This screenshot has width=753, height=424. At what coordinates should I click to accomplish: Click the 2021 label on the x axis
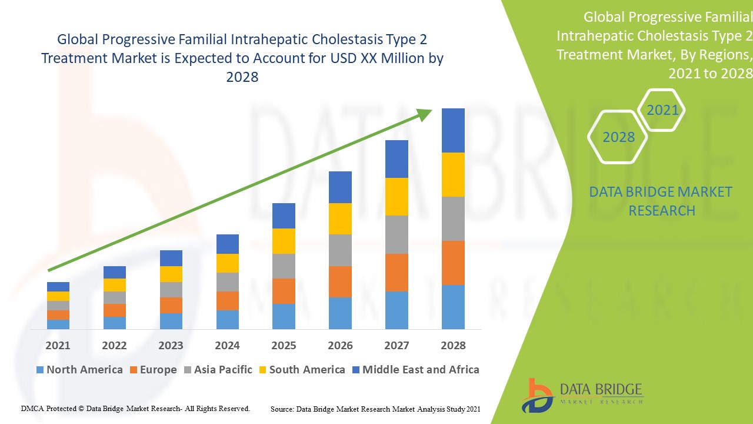(x=58, y=345)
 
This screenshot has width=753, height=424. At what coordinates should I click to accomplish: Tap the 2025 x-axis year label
(x=284, y=345)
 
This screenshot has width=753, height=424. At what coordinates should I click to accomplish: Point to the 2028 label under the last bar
(x=453, y=345)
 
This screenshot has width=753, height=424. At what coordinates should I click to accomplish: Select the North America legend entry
(x=79, y=370)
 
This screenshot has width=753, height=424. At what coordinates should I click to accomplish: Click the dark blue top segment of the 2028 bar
(x=453, y=130)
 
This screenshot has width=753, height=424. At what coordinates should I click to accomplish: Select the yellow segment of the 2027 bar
(x=397, y=197)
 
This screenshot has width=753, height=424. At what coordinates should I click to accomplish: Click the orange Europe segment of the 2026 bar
(x=340, y=281)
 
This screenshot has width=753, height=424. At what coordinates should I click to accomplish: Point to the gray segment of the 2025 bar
(x=284, y=266)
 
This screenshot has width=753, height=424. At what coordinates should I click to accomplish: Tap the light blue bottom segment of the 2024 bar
(x=227, y=319)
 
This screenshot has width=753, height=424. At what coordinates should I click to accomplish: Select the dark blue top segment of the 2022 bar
(x=114, y=272)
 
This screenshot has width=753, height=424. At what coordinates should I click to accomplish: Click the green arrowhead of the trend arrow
(x=425, y=114)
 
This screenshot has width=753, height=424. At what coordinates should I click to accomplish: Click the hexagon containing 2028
(x=618, y=137)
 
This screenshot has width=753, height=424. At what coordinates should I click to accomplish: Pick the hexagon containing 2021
(x=662, y=110)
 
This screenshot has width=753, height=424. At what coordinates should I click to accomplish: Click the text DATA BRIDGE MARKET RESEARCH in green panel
(x=661, y=201)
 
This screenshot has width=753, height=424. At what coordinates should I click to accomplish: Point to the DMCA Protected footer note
(x=135, y=408)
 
